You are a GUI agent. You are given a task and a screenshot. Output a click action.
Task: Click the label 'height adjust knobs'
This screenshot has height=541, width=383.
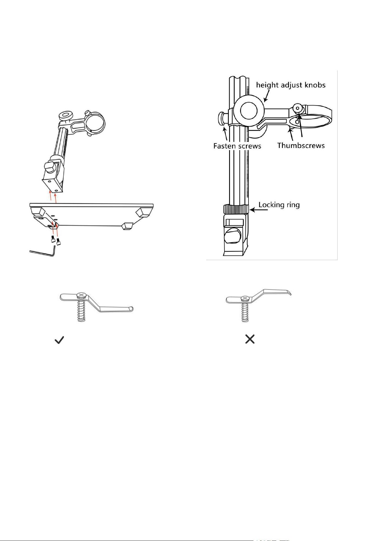pos(291,85)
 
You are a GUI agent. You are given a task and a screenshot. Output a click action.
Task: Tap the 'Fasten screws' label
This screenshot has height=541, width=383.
pos(237,146)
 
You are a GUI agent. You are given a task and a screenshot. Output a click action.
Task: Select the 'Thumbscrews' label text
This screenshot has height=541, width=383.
pos(301,146)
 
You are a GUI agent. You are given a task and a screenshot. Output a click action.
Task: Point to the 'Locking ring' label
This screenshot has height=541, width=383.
pos(279,205)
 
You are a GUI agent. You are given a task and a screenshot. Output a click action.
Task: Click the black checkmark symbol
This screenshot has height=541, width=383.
pos(59,340)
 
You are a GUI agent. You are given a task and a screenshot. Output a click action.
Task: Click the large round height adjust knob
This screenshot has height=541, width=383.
pos(249,111)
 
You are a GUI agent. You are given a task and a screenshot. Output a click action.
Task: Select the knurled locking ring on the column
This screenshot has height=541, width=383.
pos(236,209)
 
